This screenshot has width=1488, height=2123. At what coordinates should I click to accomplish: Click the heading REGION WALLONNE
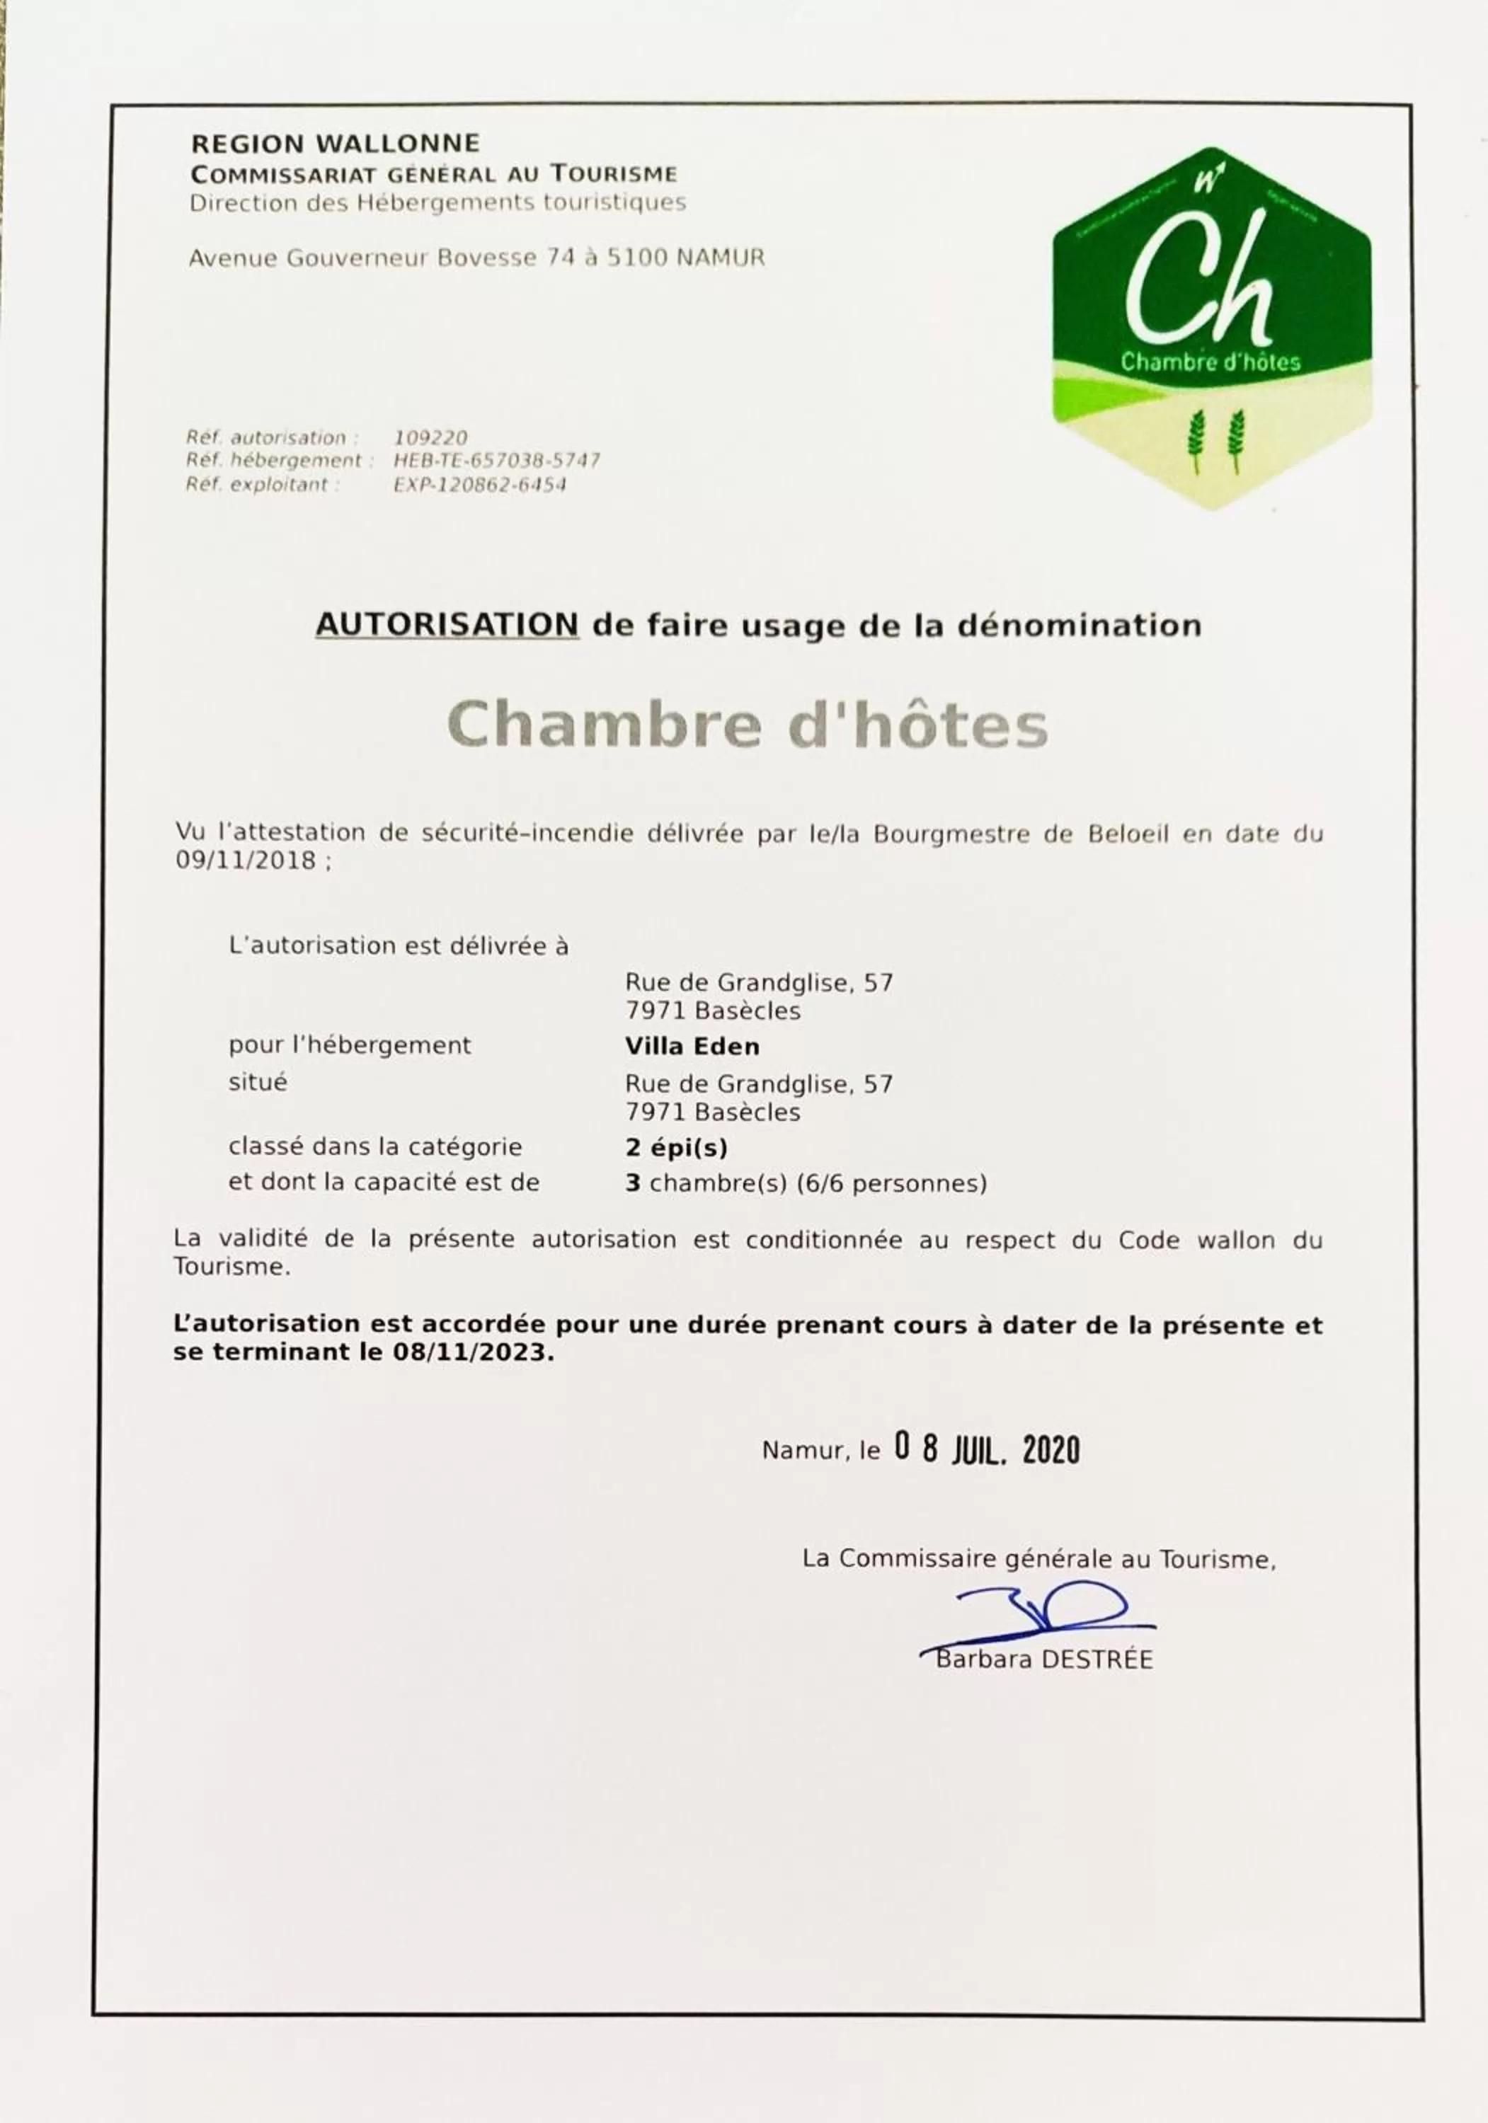335,144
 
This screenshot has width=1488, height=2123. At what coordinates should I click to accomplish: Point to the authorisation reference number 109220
430,437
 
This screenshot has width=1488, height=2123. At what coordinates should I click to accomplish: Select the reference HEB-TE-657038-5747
497,461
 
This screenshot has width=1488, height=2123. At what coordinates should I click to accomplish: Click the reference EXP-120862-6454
479,485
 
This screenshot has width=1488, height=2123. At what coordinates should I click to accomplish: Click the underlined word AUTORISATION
447,625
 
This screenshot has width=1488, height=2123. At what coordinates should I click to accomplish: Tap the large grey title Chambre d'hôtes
748,724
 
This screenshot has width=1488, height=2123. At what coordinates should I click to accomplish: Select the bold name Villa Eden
692,1047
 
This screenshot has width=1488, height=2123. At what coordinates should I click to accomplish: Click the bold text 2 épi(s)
676,1148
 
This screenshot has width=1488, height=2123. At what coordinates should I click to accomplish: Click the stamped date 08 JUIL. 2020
986,1450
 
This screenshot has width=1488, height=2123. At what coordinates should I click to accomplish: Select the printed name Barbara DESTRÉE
1044,1659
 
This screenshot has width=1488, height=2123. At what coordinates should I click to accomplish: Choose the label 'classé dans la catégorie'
374,1148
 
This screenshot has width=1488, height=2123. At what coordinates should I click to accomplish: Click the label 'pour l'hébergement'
350,1046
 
